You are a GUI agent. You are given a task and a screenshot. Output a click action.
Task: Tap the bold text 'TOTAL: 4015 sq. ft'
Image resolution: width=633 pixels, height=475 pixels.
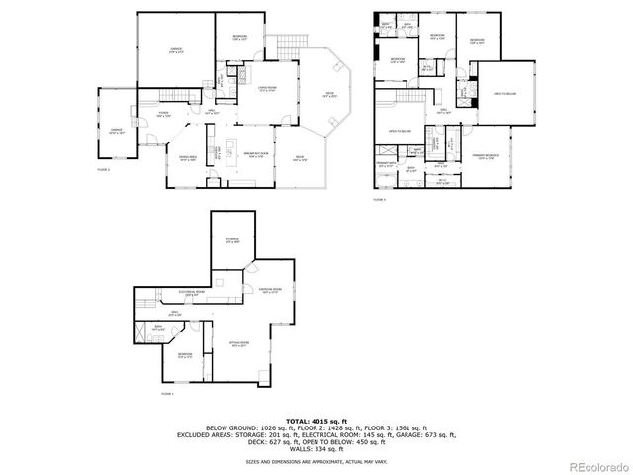(316, 421)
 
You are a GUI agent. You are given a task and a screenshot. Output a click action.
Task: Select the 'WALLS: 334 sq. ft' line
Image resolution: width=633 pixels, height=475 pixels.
(316, 448)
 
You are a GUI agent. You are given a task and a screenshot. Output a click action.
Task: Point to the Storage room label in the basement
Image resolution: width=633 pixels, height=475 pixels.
(232, 239)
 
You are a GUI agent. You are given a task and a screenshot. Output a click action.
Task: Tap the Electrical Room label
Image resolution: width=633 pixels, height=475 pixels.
(192, 292)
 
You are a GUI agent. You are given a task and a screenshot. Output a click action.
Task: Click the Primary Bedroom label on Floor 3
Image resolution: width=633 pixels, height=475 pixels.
(484, 157)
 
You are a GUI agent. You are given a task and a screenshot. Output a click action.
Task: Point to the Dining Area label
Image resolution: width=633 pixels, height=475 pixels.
(187, 158)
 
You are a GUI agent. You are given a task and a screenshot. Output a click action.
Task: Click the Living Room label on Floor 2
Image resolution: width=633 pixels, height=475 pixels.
(266, 89)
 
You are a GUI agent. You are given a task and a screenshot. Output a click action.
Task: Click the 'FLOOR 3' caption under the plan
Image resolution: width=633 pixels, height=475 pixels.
(378, 199)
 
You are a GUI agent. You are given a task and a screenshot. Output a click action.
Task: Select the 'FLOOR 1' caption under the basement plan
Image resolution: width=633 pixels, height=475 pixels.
(166, 394)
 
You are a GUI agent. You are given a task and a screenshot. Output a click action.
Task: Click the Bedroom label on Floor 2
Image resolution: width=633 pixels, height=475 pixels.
(240, 37)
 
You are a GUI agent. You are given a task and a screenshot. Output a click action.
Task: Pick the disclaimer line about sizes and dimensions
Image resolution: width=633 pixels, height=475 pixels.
(316, 461)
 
